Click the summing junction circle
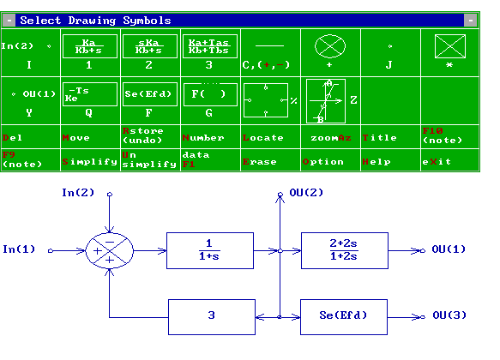110,250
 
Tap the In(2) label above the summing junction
79,193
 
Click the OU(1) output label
449,249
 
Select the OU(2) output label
306,193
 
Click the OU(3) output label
449,316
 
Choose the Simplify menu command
89,161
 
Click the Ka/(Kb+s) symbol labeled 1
89,45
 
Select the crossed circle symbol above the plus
330,45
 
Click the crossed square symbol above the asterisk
449,45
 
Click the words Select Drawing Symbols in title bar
95,21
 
